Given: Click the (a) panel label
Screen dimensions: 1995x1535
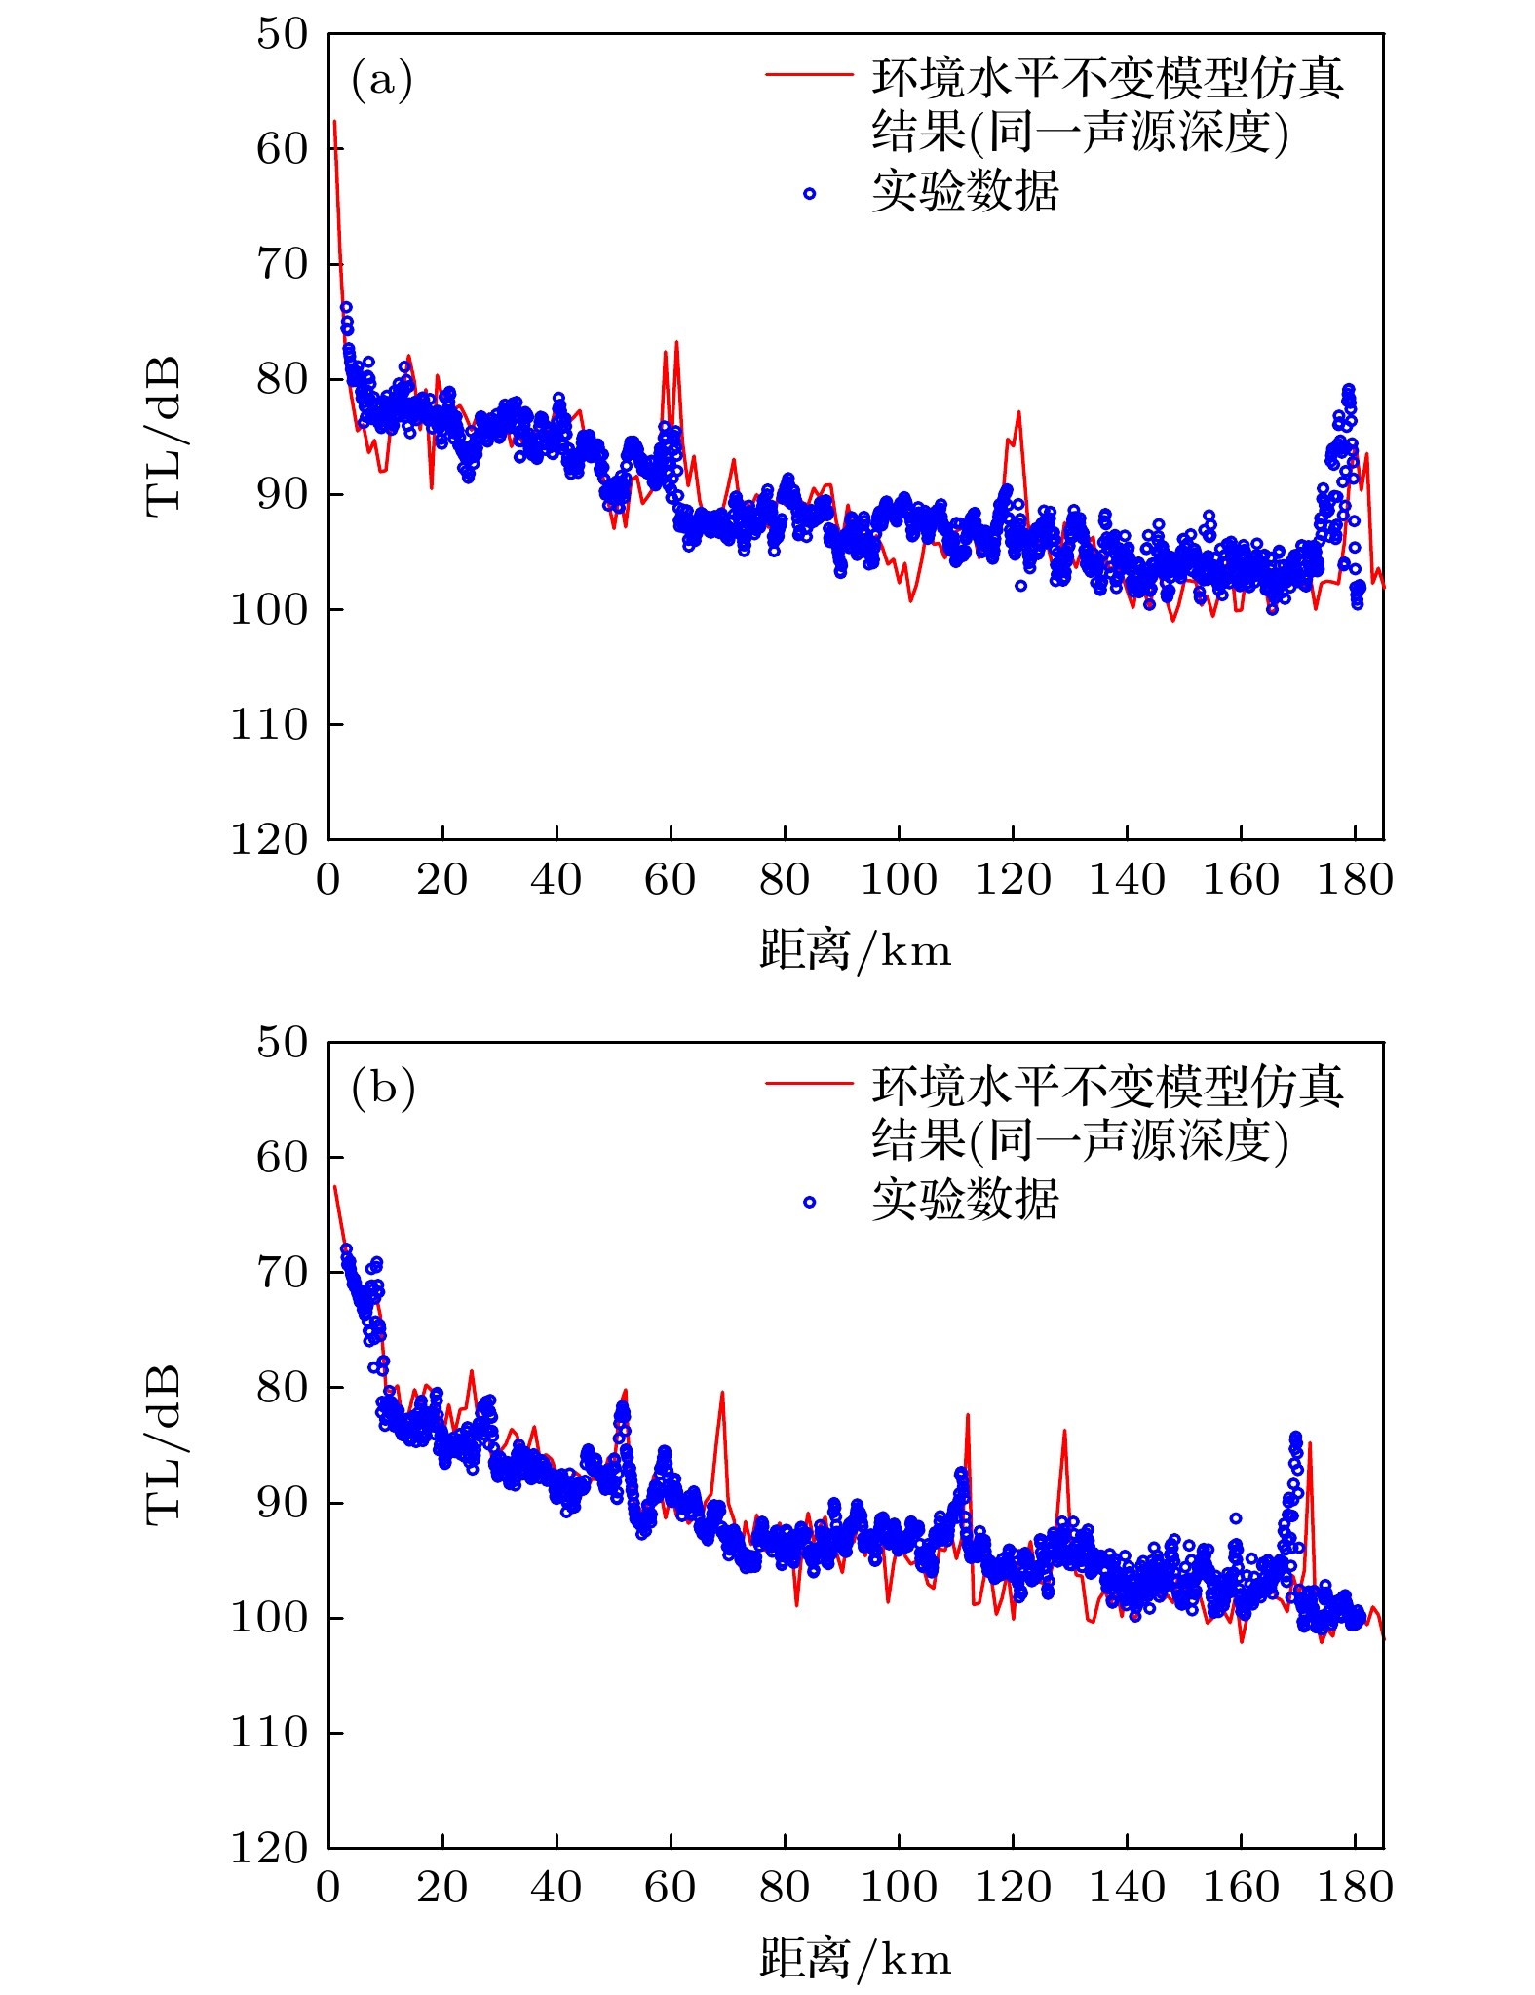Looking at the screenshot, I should [381, 80].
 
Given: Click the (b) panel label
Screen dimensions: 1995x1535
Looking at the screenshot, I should [383, 1088].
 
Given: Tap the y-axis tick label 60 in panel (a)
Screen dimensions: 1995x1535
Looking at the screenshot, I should [282, 149].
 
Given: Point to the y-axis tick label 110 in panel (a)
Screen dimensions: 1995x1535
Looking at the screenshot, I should [269, 725].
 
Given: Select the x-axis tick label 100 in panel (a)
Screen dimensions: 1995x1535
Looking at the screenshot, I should [898, 880].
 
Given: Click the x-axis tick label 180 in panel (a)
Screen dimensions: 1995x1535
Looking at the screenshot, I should [1355, 880].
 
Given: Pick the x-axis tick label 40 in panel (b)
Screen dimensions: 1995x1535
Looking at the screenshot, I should [556, 1888].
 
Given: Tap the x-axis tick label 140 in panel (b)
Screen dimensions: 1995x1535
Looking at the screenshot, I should [1127, 1888].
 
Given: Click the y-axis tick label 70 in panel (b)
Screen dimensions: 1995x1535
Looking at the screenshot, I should [282, 1272].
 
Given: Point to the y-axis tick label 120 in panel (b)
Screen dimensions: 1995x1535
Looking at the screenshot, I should [269, 1847].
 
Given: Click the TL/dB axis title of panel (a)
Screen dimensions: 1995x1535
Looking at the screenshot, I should [164, 436].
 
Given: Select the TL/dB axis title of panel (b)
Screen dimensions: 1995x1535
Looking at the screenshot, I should [164, 1444].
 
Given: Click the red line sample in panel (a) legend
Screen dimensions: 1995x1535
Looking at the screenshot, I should [809, 75].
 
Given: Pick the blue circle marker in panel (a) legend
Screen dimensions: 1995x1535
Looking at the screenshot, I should [809, 194].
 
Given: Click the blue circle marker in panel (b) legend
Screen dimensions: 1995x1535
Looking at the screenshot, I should [809, 1202].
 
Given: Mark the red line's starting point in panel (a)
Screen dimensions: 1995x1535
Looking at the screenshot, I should [334, 121].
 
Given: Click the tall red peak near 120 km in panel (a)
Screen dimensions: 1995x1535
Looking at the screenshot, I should [1018, 412].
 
